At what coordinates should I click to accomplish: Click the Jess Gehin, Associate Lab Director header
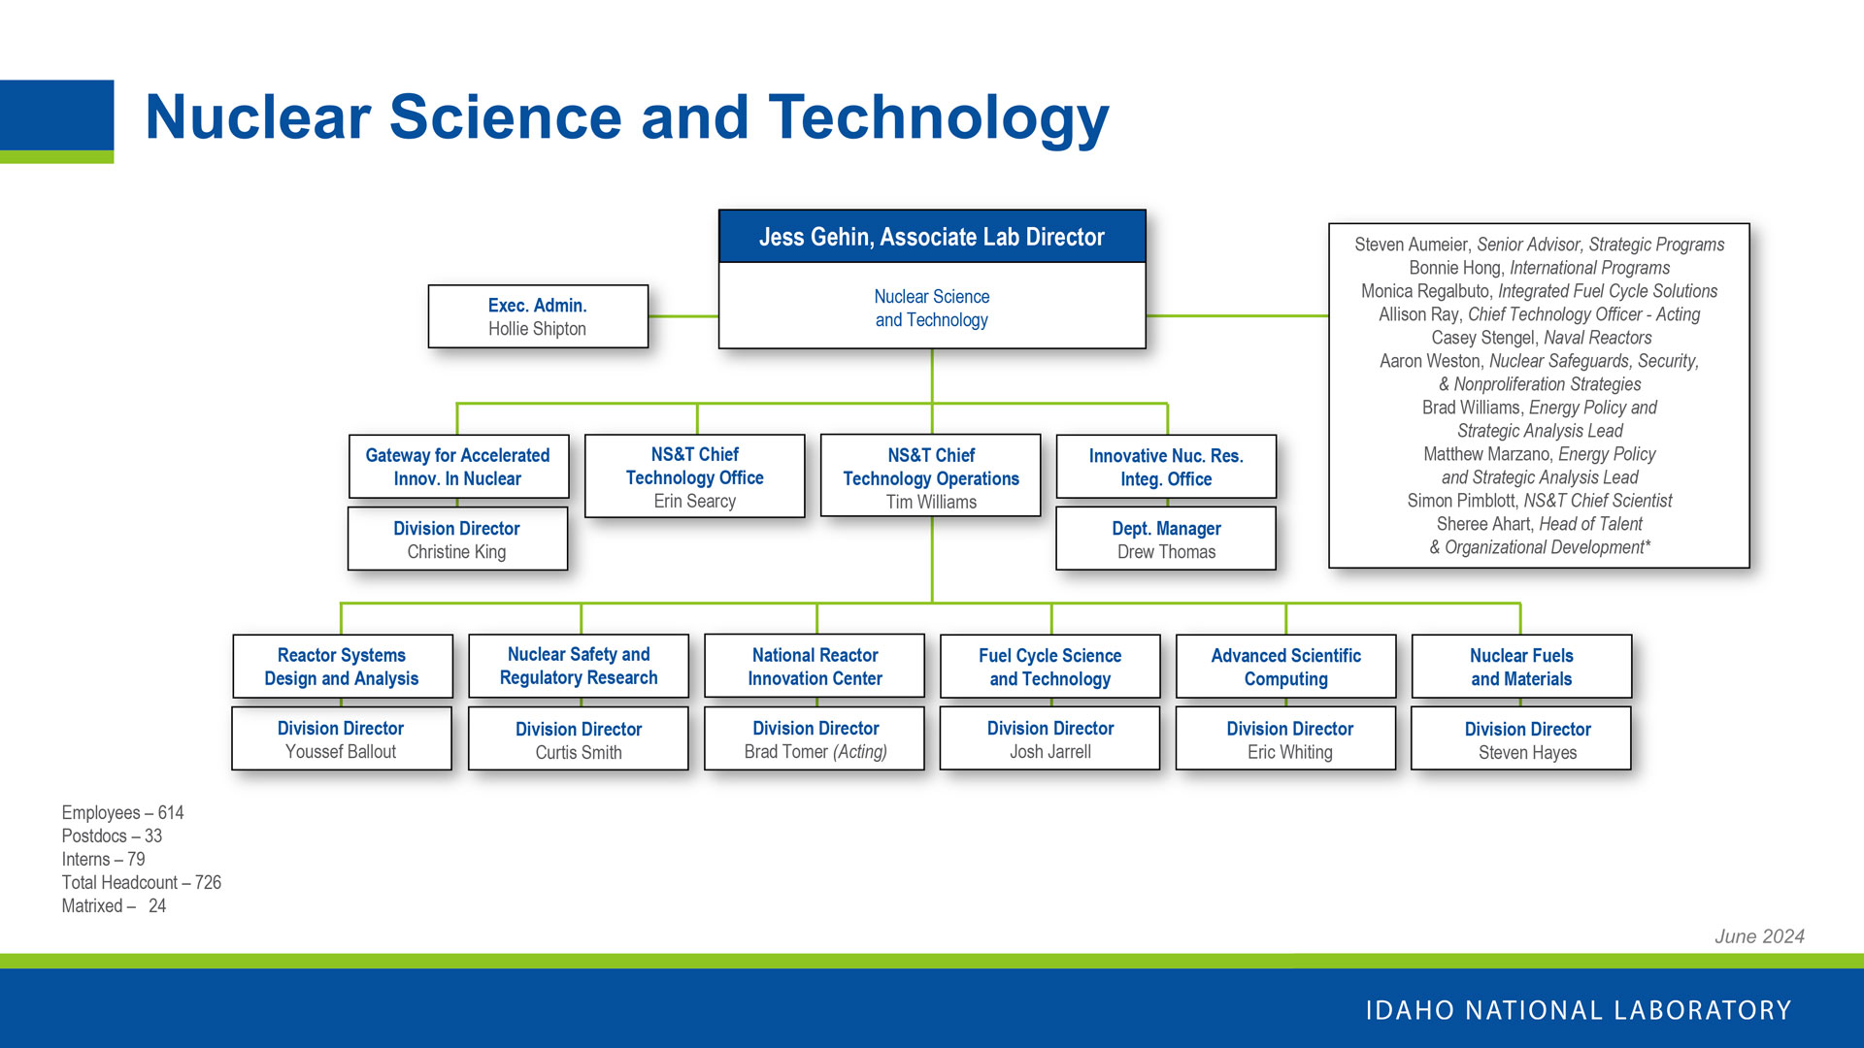point(931,237)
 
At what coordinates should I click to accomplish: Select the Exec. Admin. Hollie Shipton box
point(537,316)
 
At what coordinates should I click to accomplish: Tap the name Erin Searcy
point(694,502)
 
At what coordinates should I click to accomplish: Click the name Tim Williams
point(930,503)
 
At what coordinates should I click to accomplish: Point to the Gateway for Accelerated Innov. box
point(457,467)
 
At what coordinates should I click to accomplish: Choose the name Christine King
point(456,552)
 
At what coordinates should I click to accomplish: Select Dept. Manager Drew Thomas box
point(1165,540)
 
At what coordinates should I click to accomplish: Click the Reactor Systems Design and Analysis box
point(342,667)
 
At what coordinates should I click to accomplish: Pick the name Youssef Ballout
point(341,752)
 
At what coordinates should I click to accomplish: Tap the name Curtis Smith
point(578,753)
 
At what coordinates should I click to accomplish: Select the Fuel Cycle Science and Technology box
point(1049,667)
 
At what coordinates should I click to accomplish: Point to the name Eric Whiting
point(1289,753)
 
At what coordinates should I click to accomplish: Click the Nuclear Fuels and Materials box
point(1520,667)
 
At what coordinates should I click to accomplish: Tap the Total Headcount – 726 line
point(142,883)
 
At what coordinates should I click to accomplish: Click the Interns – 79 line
point(103,860)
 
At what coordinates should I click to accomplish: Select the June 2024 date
point(1758,936)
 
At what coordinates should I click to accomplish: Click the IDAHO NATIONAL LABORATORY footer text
point(1578,1010)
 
